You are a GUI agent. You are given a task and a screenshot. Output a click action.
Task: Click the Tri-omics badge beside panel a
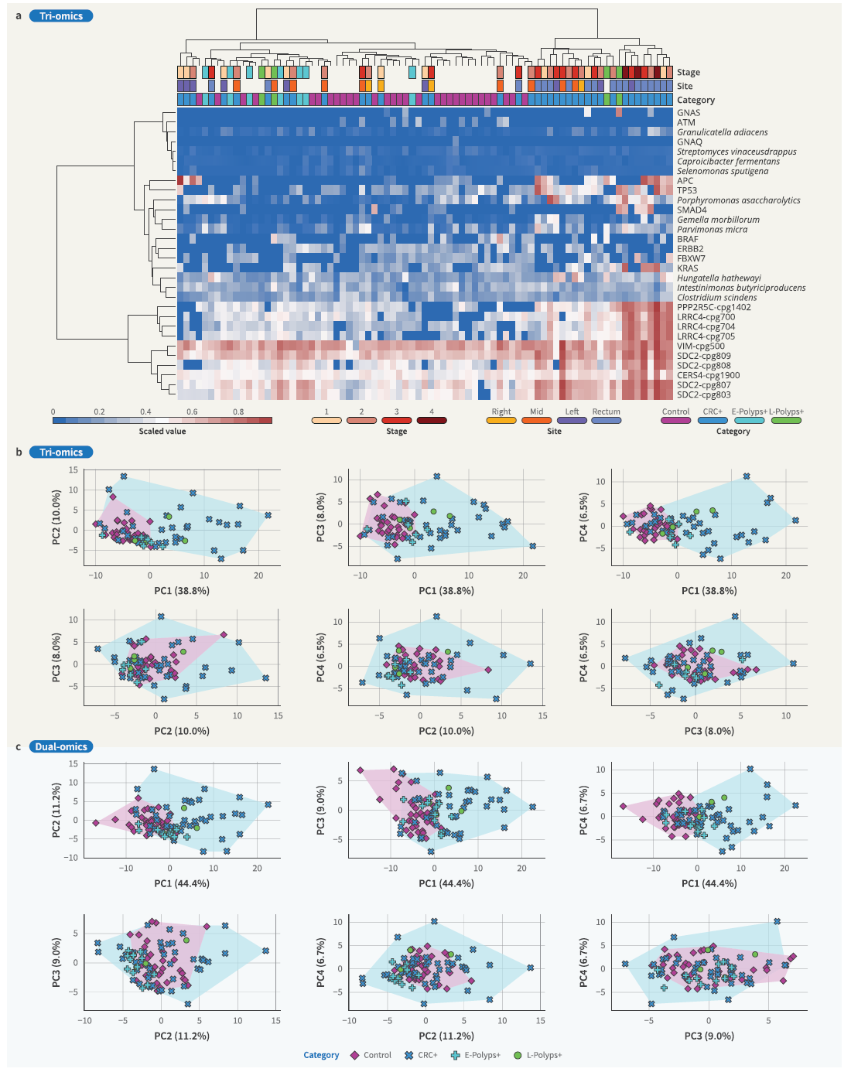(x=61, y=16)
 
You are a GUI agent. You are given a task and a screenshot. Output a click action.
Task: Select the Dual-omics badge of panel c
(x=61, y=747)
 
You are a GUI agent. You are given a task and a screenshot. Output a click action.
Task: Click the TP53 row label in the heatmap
(x=687, y=190)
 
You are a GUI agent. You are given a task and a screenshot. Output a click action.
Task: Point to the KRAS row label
(x=688, y=268)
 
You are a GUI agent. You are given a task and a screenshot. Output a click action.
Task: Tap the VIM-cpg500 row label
(x=701, y=347)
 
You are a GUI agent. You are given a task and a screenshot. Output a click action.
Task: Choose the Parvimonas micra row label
(x=712, y=230)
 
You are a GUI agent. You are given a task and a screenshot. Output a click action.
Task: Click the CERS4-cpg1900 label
(x=708, y=375)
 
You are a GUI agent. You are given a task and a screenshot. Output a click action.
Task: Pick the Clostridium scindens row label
(x=716, y=298)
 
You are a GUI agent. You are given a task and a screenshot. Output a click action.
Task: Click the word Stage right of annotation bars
(x=689, y=73)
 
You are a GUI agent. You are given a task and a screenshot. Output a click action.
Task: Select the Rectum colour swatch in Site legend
(x=607, y=421)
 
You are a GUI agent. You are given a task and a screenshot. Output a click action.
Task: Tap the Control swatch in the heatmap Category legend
(x=676, y=421)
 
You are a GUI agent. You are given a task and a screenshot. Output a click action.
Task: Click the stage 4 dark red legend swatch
(x=432, y=421)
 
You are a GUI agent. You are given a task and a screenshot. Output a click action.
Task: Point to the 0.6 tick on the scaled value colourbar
(x=192, y=412)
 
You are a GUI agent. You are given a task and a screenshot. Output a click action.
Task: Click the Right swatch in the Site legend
(x=501, y=421)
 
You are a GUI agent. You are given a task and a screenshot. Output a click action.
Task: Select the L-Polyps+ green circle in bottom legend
(x=518, y=1056)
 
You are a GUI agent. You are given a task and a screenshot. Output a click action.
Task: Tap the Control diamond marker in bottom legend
(x=355, y=1056)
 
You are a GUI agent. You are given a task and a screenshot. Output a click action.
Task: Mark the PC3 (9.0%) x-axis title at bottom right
(x=709, y=1036)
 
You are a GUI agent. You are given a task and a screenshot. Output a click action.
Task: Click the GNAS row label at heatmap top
(x=689, y=113)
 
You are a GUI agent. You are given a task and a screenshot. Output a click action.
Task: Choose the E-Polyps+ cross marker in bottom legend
(x=456, y=1056)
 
